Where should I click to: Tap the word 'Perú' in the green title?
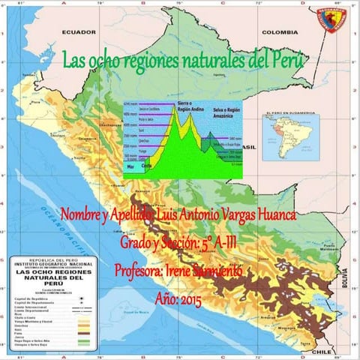pyautogui.click(x=286, y=59)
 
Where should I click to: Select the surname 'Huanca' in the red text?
pyautogui.click(x=271, y=215)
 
